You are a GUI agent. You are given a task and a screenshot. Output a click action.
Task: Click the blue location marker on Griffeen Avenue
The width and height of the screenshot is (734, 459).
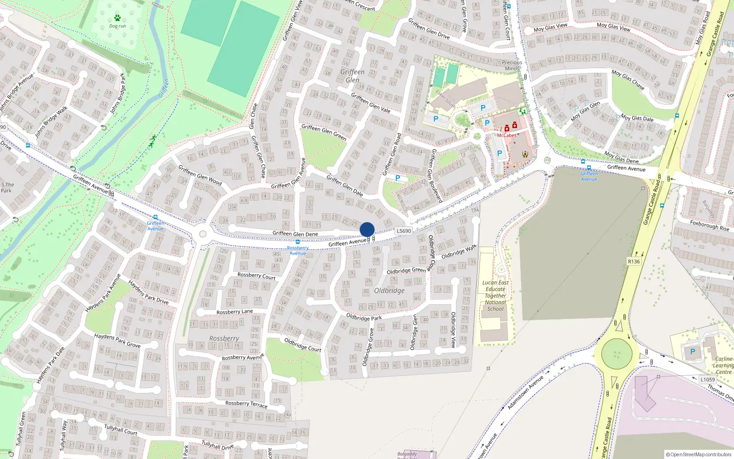(367, 229)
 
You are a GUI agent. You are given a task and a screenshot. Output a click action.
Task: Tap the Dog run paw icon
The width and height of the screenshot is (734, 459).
(117, 18)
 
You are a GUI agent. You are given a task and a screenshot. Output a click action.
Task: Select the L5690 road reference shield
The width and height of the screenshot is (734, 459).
(404, 231)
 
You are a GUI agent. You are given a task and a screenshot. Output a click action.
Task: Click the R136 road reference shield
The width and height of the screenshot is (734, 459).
(634, 262)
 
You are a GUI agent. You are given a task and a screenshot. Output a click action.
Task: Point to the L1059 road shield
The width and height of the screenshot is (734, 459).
(707, 380)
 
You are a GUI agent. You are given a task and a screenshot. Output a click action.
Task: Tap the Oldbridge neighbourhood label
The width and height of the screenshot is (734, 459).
(389, 291)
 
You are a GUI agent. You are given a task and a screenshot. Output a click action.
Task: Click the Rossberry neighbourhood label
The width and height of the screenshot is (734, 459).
(224, 338)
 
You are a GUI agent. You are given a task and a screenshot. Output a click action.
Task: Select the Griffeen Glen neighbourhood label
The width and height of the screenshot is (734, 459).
(352, 76)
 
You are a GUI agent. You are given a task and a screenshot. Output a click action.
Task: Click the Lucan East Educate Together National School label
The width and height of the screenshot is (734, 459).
(495, 296)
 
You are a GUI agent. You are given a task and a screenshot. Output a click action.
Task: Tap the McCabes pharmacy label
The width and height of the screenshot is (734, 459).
(506, 135)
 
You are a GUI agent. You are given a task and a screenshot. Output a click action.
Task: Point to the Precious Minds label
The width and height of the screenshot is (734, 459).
(512, 65)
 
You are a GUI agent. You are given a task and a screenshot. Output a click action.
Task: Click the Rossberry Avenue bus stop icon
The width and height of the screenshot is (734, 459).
(298, 242)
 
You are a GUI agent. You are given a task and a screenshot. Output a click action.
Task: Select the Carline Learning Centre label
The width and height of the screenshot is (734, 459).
(724, 365)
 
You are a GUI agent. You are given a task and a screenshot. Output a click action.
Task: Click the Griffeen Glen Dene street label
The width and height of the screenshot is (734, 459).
(295, 234)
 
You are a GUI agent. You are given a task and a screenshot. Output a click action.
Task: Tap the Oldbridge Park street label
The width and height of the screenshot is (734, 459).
(364, 317)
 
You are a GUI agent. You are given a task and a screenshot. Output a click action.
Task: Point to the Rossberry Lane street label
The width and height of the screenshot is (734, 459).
(234, 312)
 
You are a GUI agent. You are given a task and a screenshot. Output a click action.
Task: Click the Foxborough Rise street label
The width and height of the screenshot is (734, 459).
(709, 225)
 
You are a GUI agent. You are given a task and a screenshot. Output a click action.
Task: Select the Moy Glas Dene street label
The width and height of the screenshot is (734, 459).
(621, 157)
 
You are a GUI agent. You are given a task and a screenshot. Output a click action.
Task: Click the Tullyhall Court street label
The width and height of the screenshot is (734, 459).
(121, 430)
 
